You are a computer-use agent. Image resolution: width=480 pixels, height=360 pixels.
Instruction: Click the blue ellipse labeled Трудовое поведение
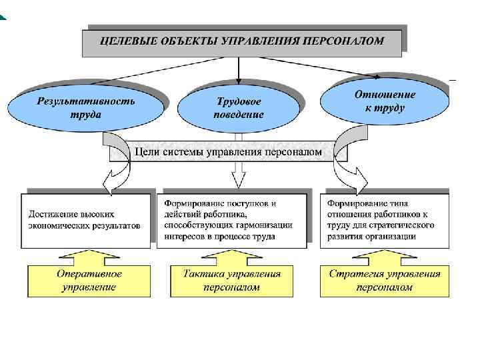(x=238, y=107)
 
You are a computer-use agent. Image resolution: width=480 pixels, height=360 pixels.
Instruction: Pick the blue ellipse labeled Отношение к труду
(x=385, y=100)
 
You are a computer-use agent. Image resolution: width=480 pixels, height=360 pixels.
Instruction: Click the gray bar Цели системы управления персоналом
(x=228, y=152)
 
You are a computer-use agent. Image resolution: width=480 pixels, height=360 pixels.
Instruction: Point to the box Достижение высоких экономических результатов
(x=85, y=221)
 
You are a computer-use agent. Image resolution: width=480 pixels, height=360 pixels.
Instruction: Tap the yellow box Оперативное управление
(x=89, y=281)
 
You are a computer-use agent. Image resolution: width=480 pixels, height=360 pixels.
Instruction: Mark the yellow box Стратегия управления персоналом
(x=385, y=281)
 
